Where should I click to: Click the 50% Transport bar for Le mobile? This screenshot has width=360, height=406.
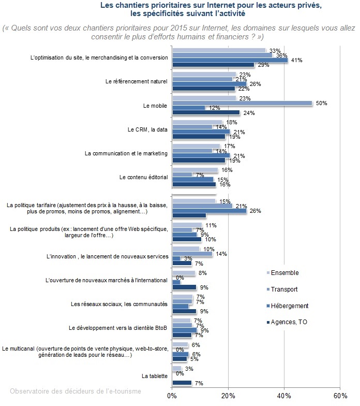click(242, 103)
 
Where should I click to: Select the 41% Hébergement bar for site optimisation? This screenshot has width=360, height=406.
click(230, 60)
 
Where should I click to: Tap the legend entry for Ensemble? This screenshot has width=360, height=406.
click(282, 272)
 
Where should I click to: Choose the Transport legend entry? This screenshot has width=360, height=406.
click(282, 289)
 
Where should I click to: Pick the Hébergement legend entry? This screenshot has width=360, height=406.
click(288, 306)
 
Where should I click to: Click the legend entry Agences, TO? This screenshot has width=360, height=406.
click(287, 322)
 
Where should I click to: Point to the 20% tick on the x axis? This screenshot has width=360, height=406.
click(229, 396)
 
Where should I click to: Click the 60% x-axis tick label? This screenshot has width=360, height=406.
click(340, 396)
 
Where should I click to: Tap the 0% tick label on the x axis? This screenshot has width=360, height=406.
click(172, 396)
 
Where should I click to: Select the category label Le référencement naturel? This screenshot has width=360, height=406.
click(137, 82)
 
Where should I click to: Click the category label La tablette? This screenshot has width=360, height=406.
click(155, 376)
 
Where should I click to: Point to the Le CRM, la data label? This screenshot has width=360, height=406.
click(147, 129)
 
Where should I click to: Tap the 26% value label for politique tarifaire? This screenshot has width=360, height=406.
click(256, 211)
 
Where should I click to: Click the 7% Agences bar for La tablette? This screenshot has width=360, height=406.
click(182, 383)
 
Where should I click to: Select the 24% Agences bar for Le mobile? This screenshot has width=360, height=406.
click(206, 113)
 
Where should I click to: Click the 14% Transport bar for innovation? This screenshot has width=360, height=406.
click(192, 254)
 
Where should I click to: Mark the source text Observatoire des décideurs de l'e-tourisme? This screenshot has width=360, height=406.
click(76, 391)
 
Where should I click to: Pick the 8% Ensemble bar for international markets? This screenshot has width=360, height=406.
click(184, 273)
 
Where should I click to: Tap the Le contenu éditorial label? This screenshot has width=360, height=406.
click(144, 177)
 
